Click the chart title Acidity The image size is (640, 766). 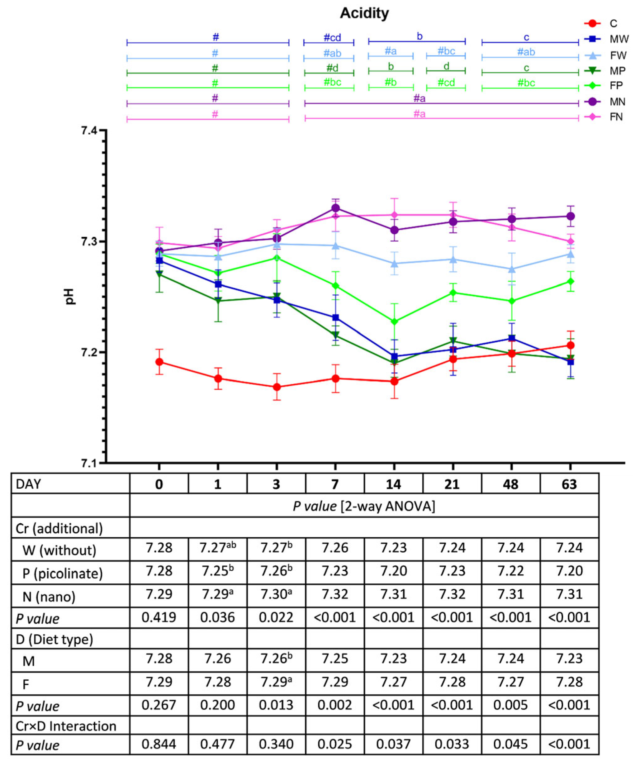pyautogui.click(x=364, y=13)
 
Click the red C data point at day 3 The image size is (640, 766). pyautogui.click(x=277, y=387)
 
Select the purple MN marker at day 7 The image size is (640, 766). pyautogui.click(x=335, y=208)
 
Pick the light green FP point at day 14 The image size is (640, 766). pyautogui.click(x=394, y=321)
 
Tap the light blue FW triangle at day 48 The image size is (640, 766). pyautogui.click(x=512, y=269)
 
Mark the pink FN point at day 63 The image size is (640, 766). pyautogui.click(x=570, y=241)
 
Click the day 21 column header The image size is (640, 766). pyautogui.click(x=452, y=484)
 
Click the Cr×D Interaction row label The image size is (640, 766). pyautogui.click(x=66, y=726)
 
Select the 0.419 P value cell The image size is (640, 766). pyautogui.click(x=159, y=617)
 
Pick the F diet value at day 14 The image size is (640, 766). pyautogui.click(x=393, y=682)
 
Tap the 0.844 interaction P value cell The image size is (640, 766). pyautogui.click(x=159, y=744)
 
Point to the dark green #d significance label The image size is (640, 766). pyautogui.click(x=332, y=68)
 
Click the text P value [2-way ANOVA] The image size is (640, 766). pyautogui.click(x=364, y=506)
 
